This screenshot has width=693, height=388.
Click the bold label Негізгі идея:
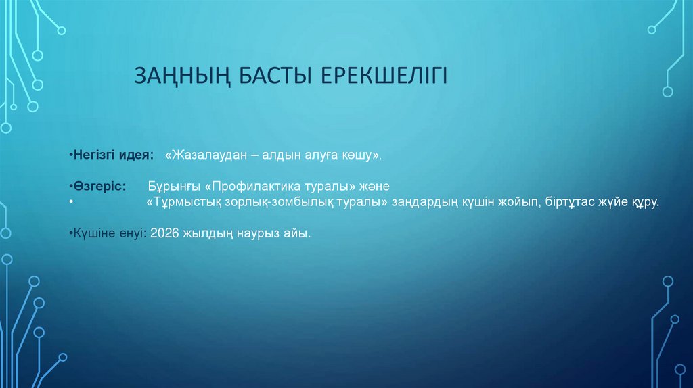(111, 155)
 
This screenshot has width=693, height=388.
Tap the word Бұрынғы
(173, 186)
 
